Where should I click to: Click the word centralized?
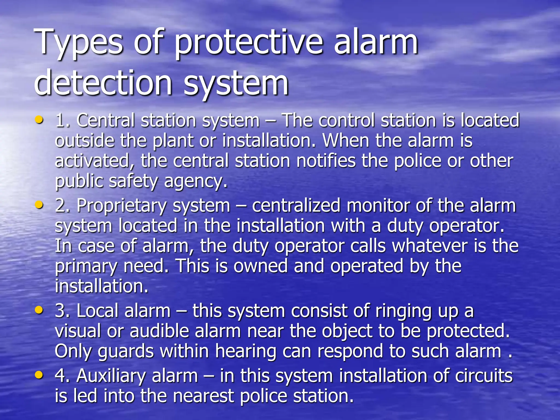(296, 206)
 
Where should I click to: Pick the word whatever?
(429, 246)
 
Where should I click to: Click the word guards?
(126, 351)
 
